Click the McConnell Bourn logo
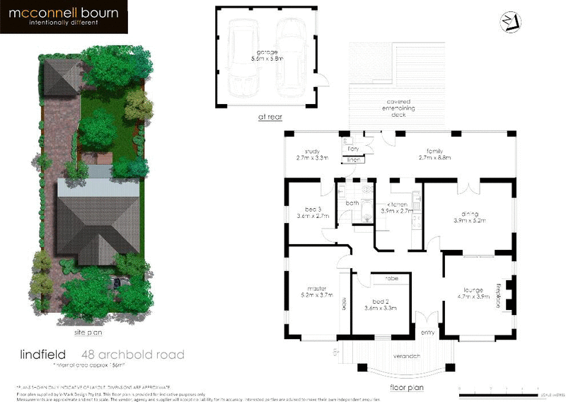[64, 17]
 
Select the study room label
[313, 151]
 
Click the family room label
[434, 151]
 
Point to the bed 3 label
[313, 209]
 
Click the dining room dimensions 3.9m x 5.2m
[470, 220]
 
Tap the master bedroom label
[316, 287]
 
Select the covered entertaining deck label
[394, 108]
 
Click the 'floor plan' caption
[405, 387]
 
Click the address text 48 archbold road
[133, 354]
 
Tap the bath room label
[352, 204]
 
